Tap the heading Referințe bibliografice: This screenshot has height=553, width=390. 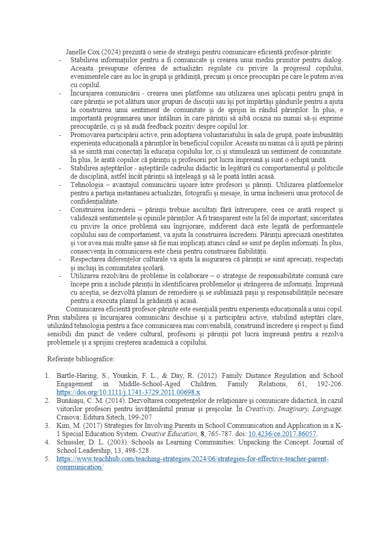pyautogui.click(x=81, y=359)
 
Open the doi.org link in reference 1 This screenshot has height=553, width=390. pyautogui.click(x=128, y=392)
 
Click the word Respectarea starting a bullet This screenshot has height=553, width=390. pyautogui.click(x=89, y=259)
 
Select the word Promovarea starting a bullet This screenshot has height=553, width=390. pyautogui.click(x=89, y=135)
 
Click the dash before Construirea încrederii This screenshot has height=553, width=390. pyautogui.click(x=60, y=209)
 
